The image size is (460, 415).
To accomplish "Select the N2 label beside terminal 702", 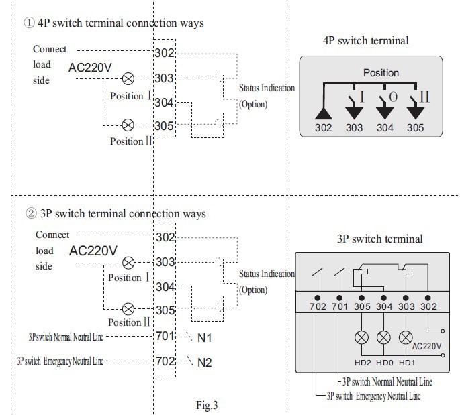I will point(204,363).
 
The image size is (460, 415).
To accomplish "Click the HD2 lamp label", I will point(363,363).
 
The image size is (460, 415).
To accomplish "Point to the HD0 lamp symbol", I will point(384,338).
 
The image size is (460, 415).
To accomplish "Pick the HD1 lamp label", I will point(406,363).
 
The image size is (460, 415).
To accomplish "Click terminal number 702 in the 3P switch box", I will point(318,307).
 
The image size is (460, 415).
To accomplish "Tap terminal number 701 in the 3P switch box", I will point(340,307).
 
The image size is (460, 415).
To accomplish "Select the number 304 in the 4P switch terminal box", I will point(385,128).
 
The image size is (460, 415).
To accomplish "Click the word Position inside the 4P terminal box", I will point(381,72).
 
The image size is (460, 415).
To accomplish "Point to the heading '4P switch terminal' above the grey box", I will point(365,41).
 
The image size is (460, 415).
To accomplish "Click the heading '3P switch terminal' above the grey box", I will point(379,239).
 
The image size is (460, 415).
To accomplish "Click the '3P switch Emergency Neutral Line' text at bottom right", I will point(373,396).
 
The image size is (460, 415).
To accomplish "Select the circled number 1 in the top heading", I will point(29,23).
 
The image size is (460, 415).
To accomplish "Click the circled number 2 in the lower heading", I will point(29,214).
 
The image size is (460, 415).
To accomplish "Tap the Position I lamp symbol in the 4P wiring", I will point(126,78).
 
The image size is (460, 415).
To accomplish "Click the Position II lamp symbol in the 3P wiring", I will point(128,309).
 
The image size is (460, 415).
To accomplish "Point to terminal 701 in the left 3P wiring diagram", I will point(165,337).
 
